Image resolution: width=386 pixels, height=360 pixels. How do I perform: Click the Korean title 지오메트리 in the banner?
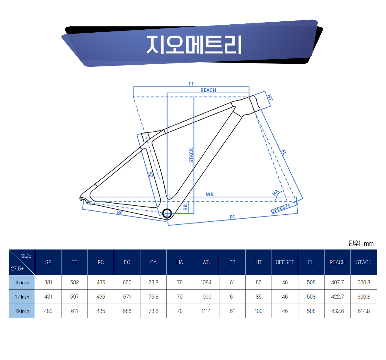194,45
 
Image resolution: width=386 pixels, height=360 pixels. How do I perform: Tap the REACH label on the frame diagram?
208,90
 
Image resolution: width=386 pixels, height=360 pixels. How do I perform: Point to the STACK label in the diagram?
191,155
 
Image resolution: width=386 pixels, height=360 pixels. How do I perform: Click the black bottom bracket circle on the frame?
167,213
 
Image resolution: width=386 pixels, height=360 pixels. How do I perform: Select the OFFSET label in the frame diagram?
280,208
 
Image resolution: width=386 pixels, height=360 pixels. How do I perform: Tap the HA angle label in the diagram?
276,193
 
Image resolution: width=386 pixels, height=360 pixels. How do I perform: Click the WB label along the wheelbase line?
210,194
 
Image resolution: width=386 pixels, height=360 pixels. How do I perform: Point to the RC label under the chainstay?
120,212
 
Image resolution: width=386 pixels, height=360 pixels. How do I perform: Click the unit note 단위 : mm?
361,243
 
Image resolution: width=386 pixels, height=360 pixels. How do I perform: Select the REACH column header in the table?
337,262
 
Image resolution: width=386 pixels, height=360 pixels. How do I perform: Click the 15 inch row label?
22,283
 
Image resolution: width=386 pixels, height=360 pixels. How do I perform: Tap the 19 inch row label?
22,311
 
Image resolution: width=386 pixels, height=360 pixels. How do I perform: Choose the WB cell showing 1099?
206,297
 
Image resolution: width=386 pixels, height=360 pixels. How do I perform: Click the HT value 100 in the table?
259,311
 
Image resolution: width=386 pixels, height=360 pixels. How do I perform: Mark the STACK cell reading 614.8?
364,311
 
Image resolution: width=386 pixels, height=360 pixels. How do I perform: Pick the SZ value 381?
48,282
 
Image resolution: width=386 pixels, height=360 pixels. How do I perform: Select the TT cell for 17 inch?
75,297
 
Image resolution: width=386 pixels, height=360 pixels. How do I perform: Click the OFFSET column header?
285,262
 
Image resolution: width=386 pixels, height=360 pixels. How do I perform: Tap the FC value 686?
127,311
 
